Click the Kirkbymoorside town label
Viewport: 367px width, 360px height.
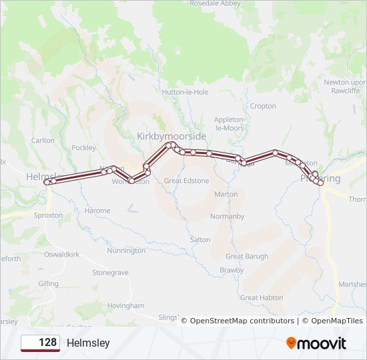click(x=171, y=135)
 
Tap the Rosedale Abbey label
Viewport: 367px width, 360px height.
click(x=214, y=3)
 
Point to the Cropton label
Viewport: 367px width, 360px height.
click(x=262, y=106)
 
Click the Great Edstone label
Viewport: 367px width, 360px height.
click(x=186, y=181)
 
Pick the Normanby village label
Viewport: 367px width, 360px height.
click(x=227, y=217)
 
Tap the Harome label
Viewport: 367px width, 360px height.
click(x=97, y=211)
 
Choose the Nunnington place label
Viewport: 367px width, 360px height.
click(x=126, y=251)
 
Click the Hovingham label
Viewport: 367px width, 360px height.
click(x=125, y=305)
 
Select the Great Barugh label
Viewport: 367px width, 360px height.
click(x=247, y=256)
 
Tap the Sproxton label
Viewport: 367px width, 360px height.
click(x=48, y=215)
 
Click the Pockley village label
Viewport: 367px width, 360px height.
click(x=84, y=148)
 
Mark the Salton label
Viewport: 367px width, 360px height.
click(x=200, y=239)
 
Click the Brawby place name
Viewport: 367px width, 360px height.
click(x=232, y=270)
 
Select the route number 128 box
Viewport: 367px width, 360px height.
click(x=40, y=343)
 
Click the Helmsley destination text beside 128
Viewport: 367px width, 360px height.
click(x=88, y=343)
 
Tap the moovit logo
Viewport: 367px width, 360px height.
click(x=316, y=343)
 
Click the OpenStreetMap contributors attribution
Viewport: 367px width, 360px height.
click(x=242, y=321)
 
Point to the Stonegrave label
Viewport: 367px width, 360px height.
click(x=110, y=273)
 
